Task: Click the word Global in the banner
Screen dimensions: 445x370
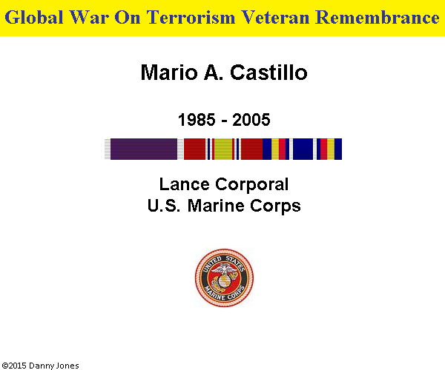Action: tap(34, 17)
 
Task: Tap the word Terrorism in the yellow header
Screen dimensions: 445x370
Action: tap(191, 17)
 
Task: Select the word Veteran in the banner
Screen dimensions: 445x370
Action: tap(275, 17)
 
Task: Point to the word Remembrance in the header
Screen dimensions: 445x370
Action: tap(378, 17)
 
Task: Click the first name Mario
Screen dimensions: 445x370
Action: tap(169, 73)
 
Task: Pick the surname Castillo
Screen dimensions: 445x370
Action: tap(268, 73)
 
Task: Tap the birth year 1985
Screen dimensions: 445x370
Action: tap(197, 119)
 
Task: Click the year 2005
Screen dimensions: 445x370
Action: tap(251, 119)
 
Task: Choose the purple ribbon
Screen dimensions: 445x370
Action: tap(144, 149)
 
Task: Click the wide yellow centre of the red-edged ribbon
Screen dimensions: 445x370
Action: tap(223, 149)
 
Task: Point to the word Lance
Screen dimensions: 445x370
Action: tap(185, 184)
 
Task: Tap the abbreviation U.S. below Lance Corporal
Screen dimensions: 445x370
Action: tap(164, 205)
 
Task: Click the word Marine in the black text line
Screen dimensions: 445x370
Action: tap(216, 205)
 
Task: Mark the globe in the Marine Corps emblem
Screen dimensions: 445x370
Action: tap(224, 280)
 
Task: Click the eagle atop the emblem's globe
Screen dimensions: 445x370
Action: tap(224, 269)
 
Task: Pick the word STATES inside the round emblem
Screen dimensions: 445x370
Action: tap(235, 263)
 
